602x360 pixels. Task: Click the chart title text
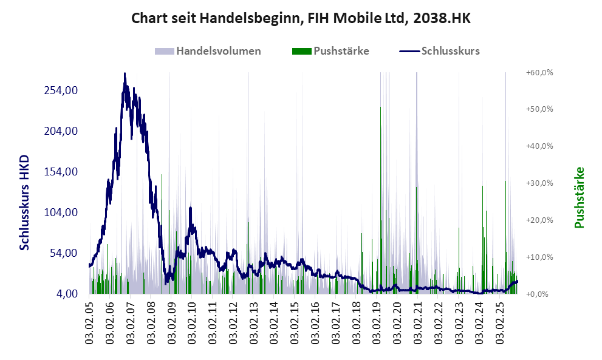click(301, 19)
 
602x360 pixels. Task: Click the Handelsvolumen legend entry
click(218, 51)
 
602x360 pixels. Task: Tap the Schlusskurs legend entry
click(450, 51)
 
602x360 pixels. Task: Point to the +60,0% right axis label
click(539, 73)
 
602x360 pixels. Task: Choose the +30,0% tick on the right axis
click(539, 183)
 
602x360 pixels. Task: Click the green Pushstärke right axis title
click(579, 198)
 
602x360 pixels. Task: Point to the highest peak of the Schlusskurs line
click(125, 73)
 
